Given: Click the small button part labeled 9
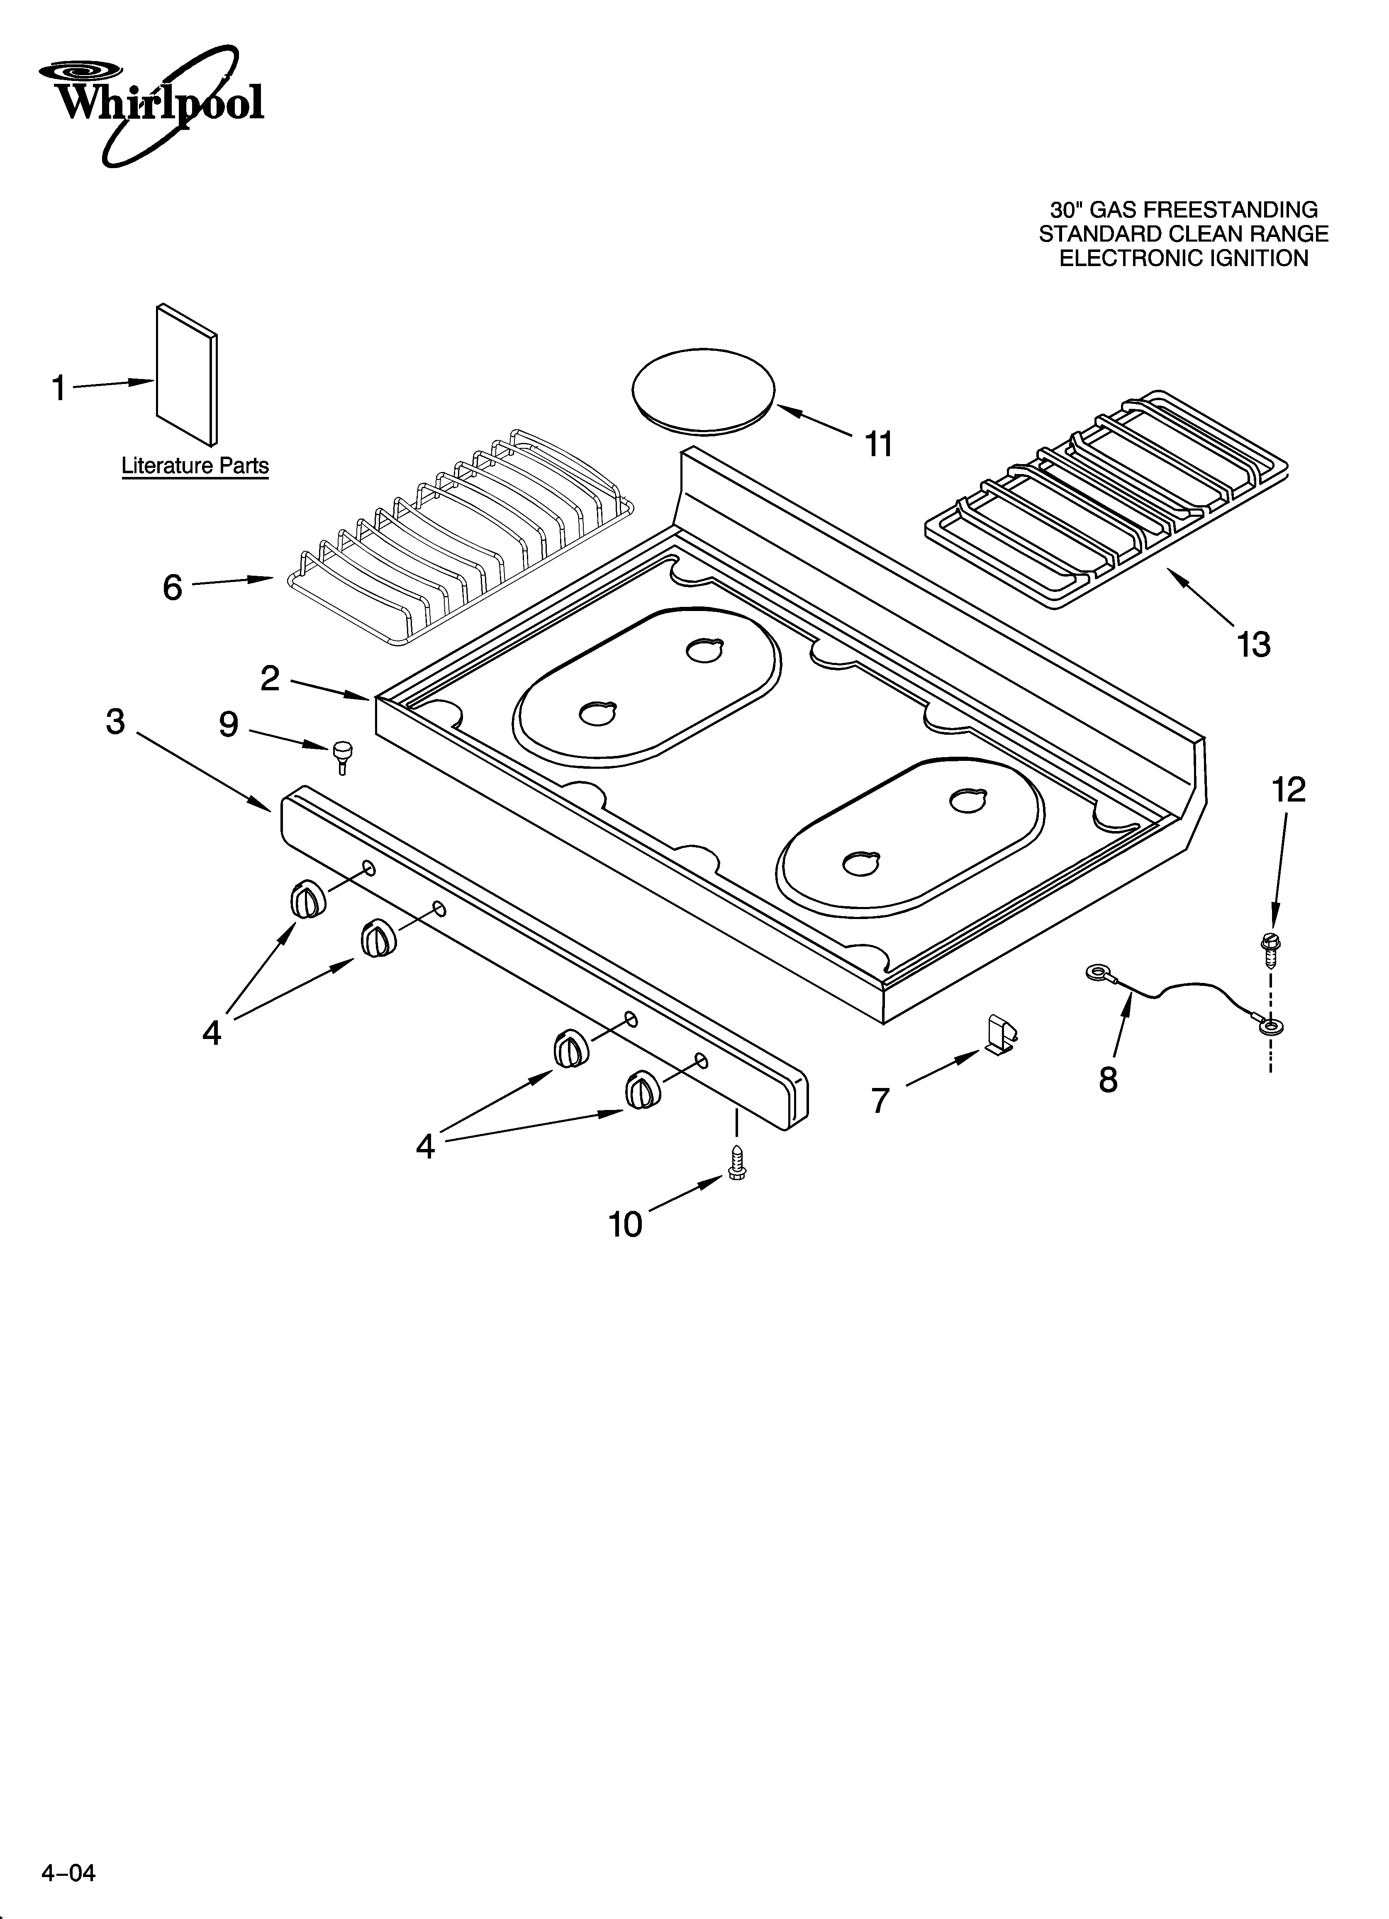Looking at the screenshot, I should (342, 753).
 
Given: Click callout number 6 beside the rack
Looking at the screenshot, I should (173, 587).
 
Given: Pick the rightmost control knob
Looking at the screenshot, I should (642, 1089).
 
